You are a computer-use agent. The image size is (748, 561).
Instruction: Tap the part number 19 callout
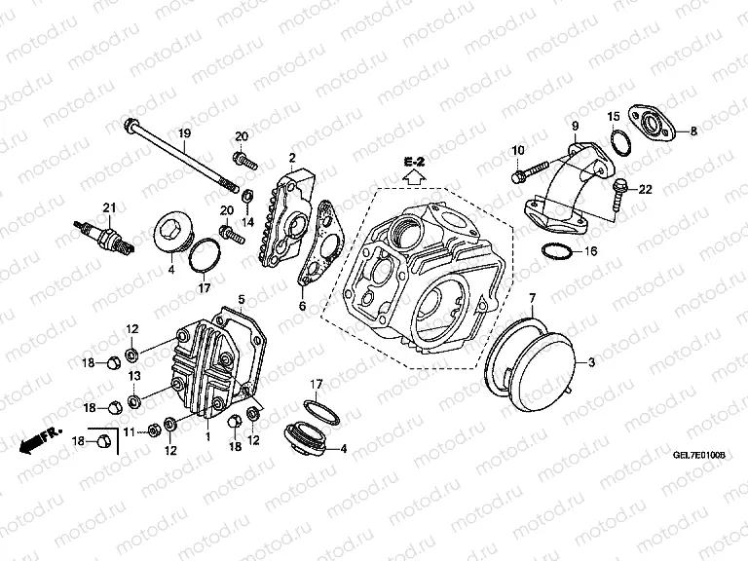182,132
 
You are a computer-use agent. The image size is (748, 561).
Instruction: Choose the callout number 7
532,296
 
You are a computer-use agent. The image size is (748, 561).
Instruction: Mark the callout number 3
589,362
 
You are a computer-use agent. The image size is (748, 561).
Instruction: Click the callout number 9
575,125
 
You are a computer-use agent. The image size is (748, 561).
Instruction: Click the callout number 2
290,157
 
